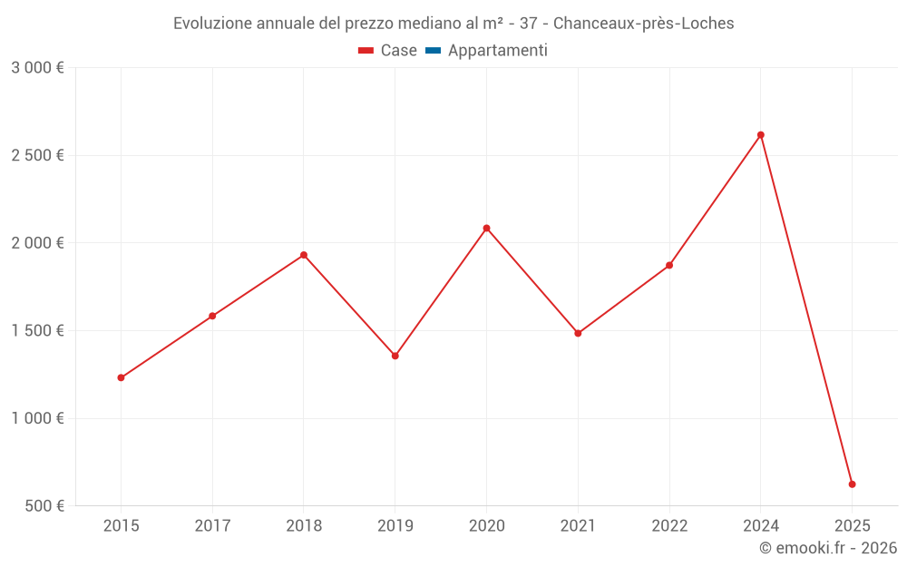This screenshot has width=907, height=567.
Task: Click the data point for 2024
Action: click(x=761, y=135)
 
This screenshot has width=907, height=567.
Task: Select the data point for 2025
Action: click(x=852, y=484)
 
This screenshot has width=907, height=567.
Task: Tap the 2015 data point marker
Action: click(x=121, y=377)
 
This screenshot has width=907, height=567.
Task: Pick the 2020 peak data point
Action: click(x=486, y=228)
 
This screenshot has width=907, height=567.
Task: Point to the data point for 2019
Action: click(x=395, y=356)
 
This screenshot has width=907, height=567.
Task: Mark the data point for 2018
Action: click(x=304, y=255)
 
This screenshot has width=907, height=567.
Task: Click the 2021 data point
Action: click(x=578, y=333)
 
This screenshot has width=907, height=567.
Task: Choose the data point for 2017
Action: click(x=212, y=316)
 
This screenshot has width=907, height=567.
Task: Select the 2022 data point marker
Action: click(x=669, y=265)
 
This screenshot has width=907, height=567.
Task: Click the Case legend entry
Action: click(x=388, y=51)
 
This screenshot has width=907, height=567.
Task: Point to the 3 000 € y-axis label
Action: click(x=37, y=68)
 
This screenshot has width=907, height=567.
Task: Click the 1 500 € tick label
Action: click(x=37, y=331)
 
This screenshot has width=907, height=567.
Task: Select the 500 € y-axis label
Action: click(x=44, y=506)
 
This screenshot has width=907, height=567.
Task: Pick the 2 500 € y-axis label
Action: click(x=37, y=155)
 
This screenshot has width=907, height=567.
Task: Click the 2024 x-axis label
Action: click(x=761, y=525)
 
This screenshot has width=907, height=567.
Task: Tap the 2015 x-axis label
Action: click(x=121, y=525)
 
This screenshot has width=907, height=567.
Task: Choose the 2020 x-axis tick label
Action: click(x=486, y=525)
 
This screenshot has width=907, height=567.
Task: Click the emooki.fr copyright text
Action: click(x=828, y=548)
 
